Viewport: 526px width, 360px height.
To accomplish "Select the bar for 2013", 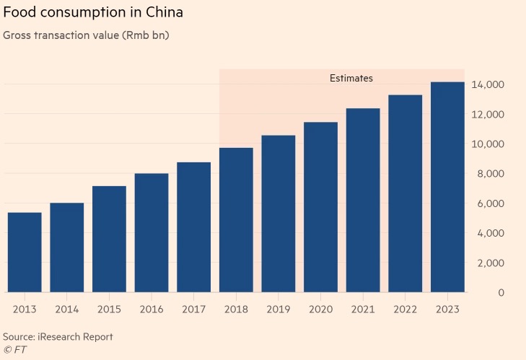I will (x=25, y=253).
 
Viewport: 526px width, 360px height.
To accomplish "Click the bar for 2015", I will (x=109, y=239).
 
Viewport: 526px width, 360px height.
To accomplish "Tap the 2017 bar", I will (x=193, y=227).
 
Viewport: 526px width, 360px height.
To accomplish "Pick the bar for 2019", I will (x=278, y=214).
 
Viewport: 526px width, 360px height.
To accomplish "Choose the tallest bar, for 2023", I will (x=447, y=187).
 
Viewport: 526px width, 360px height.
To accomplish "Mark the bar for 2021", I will (x=363, y=200).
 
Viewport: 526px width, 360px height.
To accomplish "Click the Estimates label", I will (x=351, y=78).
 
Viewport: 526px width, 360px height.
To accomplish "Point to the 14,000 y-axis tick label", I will (x=490, y=85).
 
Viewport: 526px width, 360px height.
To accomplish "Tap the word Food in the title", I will (x=19, y=13).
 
